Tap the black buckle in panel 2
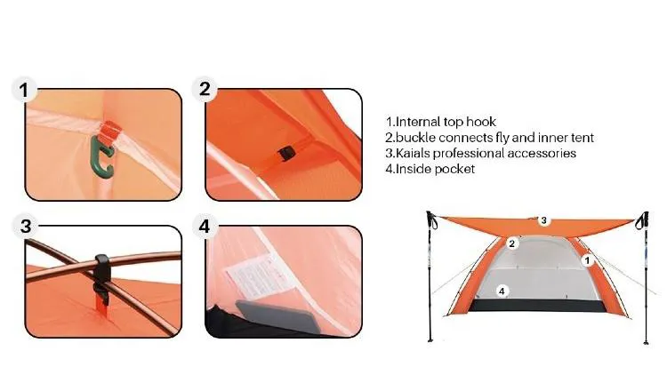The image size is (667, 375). pyautogui.click(x=286, y=153)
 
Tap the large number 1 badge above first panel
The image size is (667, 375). pyautogui.click(x=24, y=90)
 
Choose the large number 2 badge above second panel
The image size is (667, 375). pyautogui.click(x=205, y=89)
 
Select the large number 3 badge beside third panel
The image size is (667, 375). pyautogui.click(x=26, y=227)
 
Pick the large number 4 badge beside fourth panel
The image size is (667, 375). pyautogui.click(x=205, y=227)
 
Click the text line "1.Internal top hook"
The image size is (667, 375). pyautogui.click(x=441, y=122)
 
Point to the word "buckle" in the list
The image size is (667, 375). pyautogui.click(x=415, y=138)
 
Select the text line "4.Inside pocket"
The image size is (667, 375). pyautogui.click(x=430, y=169)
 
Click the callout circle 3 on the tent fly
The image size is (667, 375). pyautogui.click(x=543, y=220)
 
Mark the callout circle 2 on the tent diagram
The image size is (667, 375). pyautogui.click(x=511, y=243)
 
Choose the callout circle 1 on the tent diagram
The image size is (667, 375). pyautogui.click(x=587, y=260)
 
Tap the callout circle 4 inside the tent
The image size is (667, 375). pyautogui.click(x=502, y=291)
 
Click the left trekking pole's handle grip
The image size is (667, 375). pyautogui.click(x=431, y=219)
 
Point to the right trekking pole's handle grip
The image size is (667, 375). pyautogui.click(x=643, y=220)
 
